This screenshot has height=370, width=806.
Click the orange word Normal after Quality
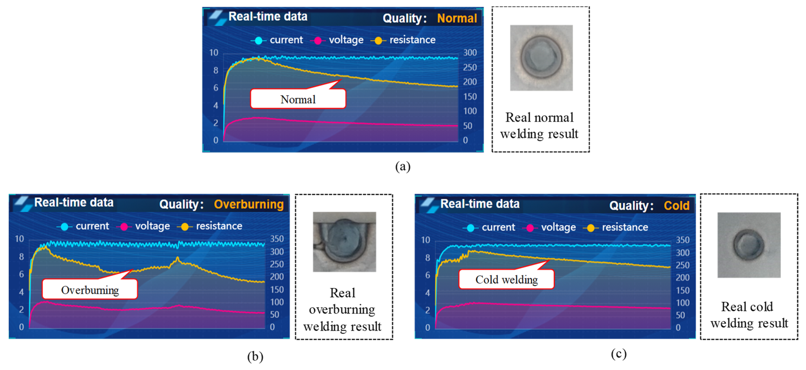(x=457, y=18)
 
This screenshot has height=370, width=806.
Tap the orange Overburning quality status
(x=249, y=204)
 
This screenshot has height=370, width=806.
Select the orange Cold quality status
(x=676, y=205)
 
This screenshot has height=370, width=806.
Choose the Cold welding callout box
(x=506, y=279)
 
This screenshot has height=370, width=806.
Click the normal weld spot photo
(x=541, y=58)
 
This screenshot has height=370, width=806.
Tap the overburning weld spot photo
(x=344, y=242)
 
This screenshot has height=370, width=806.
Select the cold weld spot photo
(x=749, y=245)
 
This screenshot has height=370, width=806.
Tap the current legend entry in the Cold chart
(x=489, y=227)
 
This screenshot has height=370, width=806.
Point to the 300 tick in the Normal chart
(x=470, y=52)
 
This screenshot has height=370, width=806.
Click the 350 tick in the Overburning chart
(x=277, y=239)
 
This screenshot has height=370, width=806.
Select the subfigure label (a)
(x=403, y=166)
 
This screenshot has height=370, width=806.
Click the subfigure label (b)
(x=255, y=357)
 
